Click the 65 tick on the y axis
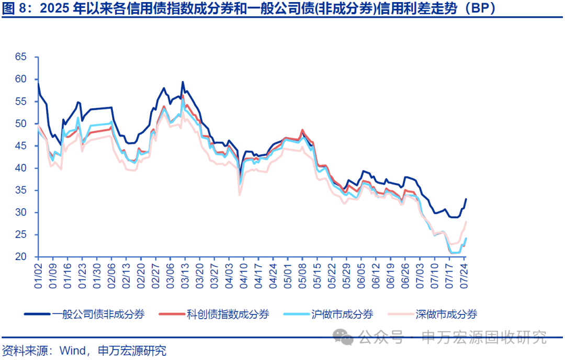(20, 57)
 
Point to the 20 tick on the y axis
(20, 257)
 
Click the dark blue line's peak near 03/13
(183, 82)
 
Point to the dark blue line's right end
(466, 199)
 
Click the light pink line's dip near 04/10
(240, 195)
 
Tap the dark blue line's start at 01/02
(38, 83)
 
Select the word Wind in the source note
(72, 350)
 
